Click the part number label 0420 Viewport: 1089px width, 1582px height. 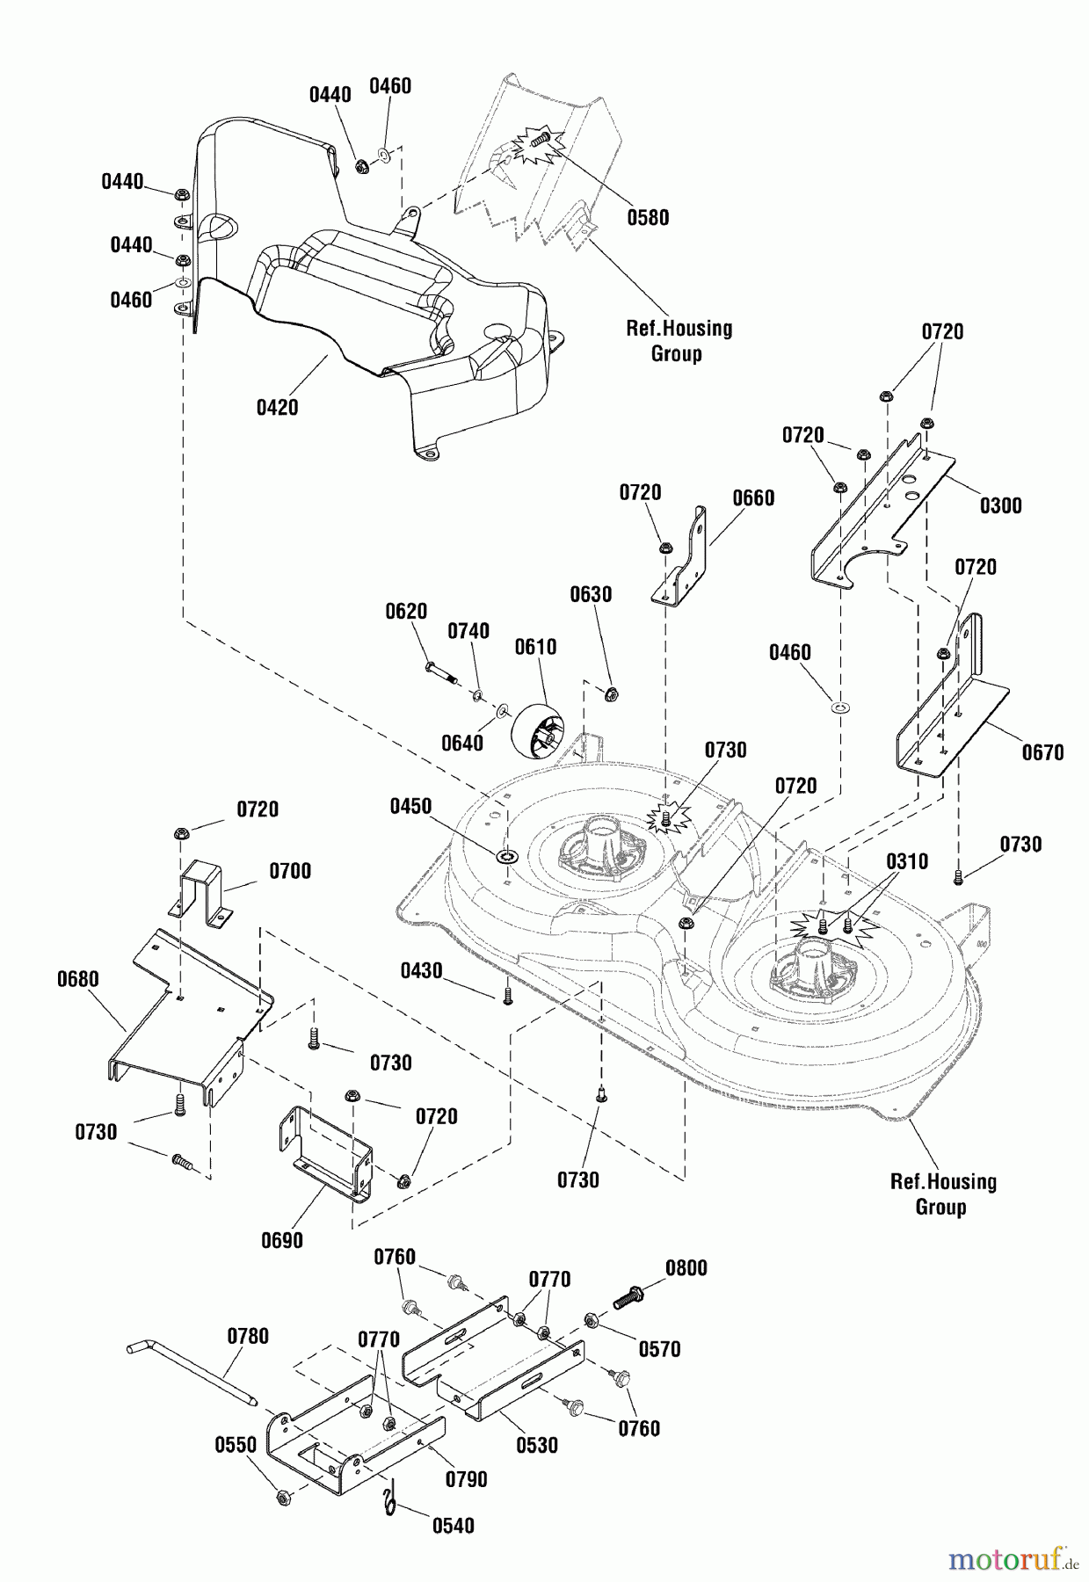(x=277, y=408)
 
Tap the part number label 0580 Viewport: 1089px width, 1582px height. (x=648, y=218)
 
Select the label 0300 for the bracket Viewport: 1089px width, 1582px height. (x=1000, y=505)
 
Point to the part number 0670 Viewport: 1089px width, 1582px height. (x=1042, y=752)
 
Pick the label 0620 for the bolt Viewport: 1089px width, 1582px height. (x=406, y=612)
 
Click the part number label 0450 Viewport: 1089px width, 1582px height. (x=410, y=807)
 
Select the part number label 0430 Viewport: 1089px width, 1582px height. (x=421, y=970)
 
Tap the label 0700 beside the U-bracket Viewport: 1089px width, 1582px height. (x=290, y=871)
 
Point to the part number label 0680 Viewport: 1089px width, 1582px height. (x=77, y=979)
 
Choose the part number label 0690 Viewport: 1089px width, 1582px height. (x=281, y=1240)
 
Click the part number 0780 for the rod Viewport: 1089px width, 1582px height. (x=248, y=1336)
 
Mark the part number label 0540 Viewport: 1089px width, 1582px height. (x=453, y=1526)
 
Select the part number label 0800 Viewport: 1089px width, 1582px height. (x=686, y=1268)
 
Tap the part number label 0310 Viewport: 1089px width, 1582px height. (x=906, y=861)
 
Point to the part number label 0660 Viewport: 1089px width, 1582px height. (x=753, y=498)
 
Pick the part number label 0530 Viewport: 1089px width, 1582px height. (x=536, y=1445)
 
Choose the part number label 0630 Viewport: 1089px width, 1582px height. (x=591, y=594)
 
